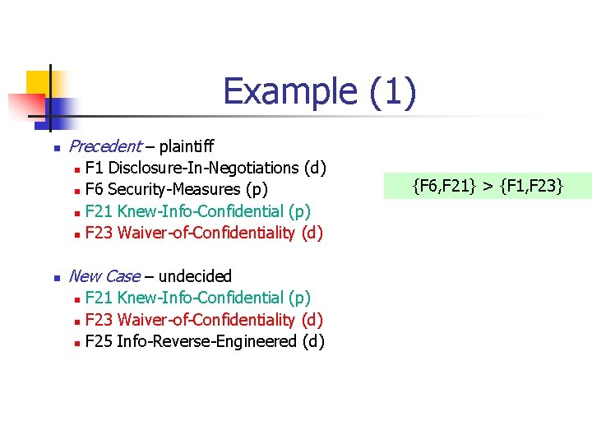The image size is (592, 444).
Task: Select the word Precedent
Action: tap(104, 146)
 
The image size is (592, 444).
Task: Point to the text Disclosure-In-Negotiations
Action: tap(204, 168)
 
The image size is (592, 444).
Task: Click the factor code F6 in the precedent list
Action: tap(95, 190)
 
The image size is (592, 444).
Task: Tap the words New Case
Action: tap(104, 276)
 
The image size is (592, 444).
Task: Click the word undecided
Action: tap(195, 276)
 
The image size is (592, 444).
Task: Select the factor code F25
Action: tap(99, 340)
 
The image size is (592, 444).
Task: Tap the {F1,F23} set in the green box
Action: tap(530, 186)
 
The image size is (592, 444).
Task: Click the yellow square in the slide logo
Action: tap(39, 82)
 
